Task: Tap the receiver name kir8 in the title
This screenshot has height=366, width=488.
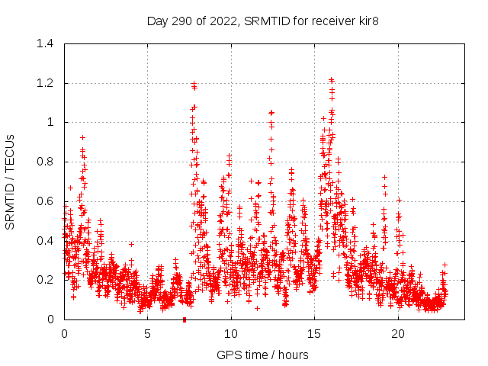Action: (367, 21)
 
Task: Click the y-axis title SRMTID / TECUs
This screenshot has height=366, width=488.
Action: (11, 181)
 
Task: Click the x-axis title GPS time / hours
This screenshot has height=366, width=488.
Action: (262, 355)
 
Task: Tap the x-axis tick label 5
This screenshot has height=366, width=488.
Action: (147, 333)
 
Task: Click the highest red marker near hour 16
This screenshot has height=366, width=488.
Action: (331, 79)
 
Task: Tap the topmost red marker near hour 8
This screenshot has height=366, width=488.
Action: (194, 83)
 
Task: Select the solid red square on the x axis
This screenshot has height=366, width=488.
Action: (185, 319)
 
